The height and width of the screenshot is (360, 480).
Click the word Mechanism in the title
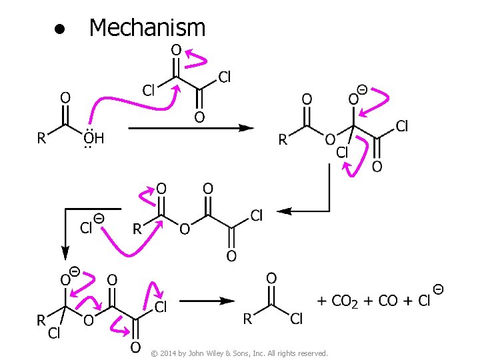coord(147,27)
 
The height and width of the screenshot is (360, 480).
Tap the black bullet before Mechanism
coord(59,30)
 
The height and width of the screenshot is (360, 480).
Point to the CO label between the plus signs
coord(388,301)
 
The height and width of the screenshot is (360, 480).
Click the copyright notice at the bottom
coord(239,353)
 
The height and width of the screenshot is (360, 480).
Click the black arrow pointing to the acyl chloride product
coord(207,301)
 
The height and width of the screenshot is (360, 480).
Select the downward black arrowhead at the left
coord(65,253)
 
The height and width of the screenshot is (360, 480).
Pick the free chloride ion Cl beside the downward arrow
coord(86,229)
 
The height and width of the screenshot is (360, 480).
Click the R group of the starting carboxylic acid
coord(41,139)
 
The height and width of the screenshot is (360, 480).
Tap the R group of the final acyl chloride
coord(247,319)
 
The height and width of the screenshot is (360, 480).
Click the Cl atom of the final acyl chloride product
coord(297,319)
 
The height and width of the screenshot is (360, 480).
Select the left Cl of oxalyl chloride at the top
coord(149,90)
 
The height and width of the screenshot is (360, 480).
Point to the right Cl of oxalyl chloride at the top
coord(225,77)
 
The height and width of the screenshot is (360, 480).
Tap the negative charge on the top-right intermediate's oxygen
coord(361,89)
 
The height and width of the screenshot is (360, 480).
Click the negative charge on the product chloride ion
coord(439,289)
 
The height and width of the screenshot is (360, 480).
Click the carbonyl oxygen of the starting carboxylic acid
coord(65,97)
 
